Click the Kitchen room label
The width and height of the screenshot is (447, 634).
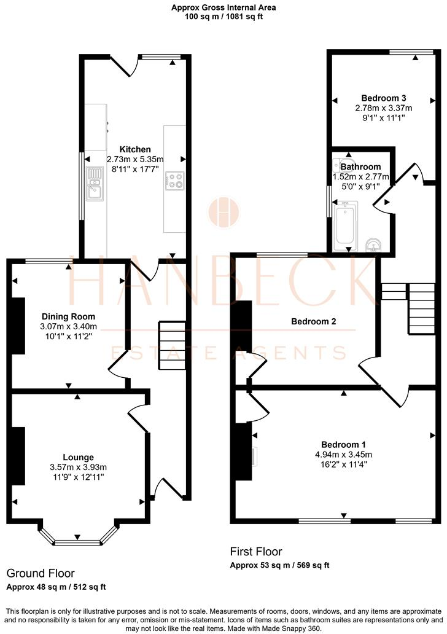pos(135,149)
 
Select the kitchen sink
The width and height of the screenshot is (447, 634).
pos(95,182)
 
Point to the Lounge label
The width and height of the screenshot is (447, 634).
pos(78,457)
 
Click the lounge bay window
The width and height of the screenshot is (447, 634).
pos(78,541)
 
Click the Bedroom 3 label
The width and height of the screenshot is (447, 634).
pos(383,98)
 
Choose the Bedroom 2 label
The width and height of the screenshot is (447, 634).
pos(313,321)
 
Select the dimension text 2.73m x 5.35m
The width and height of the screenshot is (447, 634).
pos(135,159)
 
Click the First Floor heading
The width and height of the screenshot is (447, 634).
pos(256,552)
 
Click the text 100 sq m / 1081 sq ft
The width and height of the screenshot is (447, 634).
pos(223,17)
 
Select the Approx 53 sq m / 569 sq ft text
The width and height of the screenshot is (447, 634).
pos(280,565)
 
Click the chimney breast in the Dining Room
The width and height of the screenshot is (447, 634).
pos(18,326)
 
